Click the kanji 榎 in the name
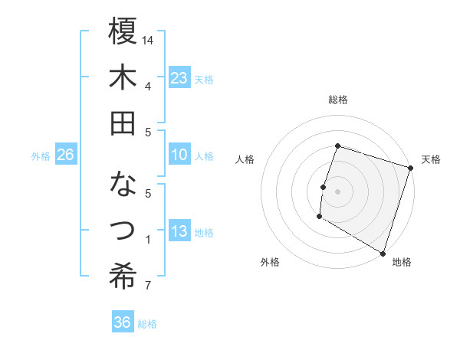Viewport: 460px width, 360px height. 123,32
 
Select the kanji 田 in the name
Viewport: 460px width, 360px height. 123,123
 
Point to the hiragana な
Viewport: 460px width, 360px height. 123,185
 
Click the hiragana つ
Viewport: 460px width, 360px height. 123,229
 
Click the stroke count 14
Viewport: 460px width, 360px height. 149,40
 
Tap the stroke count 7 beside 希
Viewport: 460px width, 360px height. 147,286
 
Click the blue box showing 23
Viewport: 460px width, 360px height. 179,78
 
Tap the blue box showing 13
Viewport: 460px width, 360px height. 179,232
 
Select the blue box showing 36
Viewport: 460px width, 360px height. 123,322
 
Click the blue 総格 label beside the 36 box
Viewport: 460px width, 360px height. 147,324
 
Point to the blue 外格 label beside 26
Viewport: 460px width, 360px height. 41,156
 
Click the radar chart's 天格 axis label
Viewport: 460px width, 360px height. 431,159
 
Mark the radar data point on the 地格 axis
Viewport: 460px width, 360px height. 381,252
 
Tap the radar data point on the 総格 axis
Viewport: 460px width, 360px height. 337,146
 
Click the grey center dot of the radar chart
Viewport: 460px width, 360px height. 337,191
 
